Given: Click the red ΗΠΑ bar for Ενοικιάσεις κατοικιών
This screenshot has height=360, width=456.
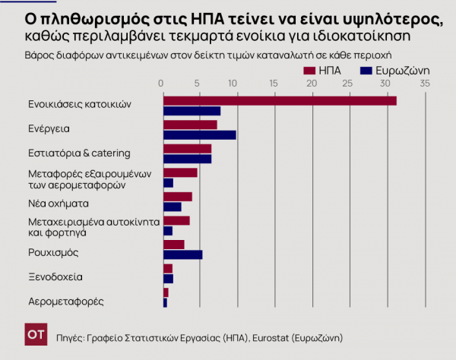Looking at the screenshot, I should point(280,100).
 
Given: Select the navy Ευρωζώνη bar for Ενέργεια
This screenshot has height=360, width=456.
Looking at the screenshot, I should point(200,135).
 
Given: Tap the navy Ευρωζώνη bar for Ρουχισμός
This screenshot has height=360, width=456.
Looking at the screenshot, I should point(183,254).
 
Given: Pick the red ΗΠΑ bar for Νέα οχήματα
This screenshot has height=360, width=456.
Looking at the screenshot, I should point(178,197).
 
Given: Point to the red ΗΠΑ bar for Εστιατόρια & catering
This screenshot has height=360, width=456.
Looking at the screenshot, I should point(188,149).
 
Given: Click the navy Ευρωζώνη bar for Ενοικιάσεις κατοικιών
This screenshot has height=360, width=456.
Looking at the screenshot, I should point(192,111).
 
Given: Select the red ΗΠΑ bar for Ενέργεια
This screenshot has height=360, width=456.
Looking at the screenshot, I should point(190,125).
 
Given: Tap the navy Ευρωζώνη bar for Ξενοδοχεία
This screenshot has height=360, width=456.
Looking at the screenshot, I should point(169,279).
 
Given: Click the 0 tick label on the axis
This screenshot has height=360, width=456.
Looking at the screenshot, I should point(161,83).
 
